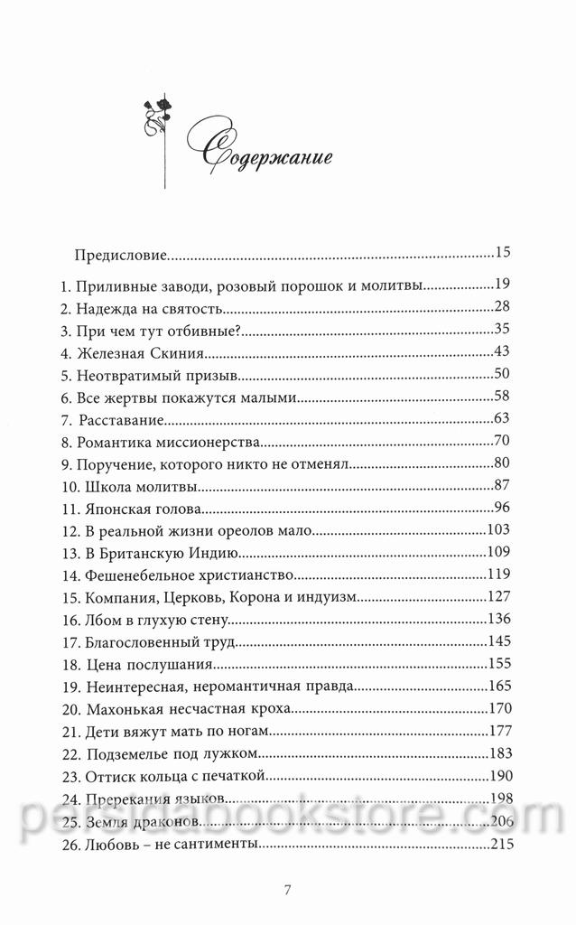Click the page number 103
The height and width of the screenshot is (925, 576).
(x=499, y=529)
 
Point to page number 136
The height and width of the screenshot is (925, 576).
(x=499, y=619)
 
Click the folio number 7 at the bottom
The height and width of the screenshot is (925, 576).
(x=287, y=890)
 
